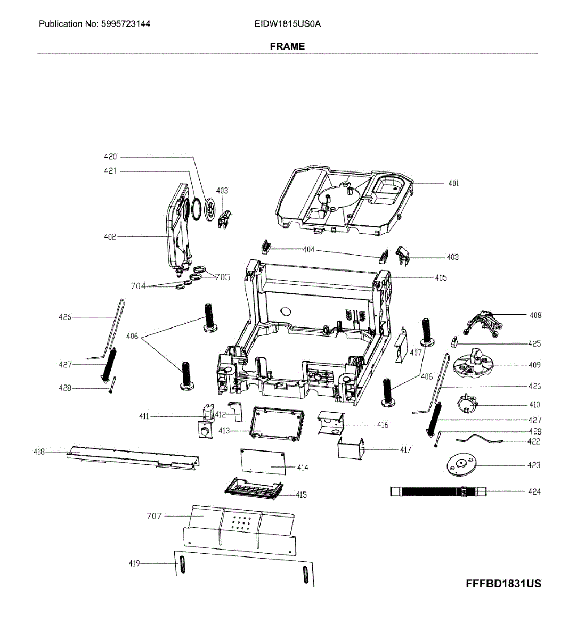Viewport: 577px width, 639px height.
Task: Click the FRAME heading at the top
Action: [287, 46]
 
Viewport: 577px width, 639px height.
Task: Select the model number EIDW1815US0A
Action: [287, 24]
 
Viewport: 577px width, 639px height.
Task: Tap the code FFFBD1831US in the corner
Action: [503, 583]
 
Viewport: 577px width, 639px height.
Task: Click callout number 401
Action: [453, 183]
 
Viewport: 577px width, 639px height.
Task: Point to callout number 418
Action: [39, 452]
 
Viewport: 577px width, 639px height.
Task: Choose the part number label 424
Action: [534, 491]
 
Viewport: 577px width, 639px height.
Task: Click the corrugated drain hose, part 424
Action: [437, 491]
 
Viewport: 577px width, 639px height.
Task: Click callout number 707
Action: [154, 515]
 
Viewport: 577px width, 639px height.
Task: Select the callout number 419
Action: [134, 563]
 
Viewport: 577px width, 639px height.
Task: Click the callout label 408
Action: [535, 315]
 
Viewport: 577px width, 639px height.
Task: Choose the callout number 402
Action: [110, 236]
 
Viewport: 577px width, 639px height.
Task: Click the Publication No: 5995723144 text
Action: [94, 24]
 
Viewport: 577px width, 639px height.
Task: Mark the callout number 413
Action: [224, 430]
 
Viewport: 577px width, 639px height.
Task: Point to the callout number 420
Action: [110, 157]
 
